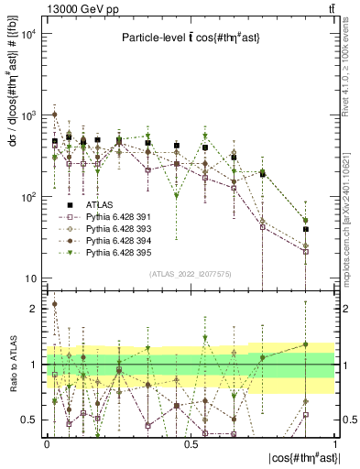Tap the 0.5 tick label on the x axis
[191, 442]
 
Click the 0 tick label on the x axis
[47, 442]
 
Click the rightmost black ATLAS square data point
[306, 229]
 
